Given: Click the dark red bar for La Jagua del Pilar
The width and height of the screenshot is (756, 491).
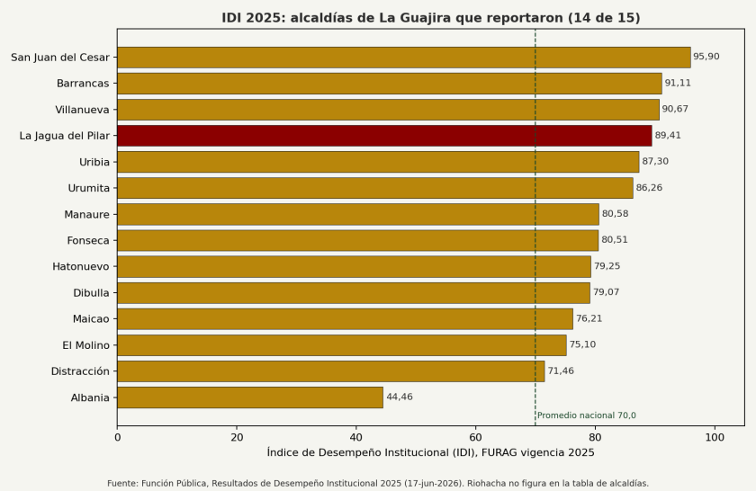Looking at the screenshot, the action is (x=384, y=136).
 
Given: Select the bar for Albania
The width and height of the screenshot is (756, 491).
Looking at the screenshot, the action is (x=250, y=397).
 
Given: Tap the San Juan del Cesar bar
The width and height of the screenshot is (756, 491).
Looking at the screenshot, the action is (x=404, y=58).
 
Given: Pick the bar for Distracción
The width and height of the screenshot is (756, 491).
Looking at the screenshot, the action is (x=331, y=371).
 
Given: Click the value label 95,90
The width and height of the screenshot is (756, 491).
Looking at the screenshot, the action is (x=706, y=57).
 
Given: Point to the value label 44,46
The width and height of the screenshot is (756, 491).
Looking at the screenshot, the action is (x=400, y=397).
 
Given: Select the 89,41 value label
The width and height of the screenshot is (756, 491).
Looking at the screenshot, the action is (x=668, y=135).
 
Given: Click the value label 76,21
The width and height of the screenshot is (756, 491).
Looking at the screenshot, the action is (x=589, y=318).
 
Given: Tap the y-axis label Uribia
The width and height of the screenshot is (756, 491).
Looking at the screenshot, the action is (x=94, y=162).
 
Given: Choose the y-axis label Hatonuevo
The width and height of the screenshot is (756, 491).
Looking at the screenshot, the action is (x=81, y=266).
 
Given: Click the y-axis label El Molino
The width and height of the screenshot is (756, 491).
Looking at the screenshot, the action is (x=85, y=345).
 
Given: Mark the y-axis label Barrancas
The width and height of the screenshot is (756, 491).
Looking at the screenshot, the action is (x=83, y=84).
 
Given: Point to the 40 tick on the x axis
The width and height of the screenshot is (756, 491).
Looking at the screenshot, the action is (x=356, y=437).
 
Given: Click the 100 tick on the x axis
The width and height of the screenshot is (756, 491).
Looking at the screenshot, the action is (x=715, y=437).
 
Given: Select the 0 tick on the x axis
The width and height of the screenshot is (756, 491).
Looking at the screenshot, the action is (x=117, y=437).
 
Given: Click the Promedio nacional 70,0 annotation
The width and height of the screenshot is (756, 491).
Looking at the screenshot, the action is (x=587, y=415).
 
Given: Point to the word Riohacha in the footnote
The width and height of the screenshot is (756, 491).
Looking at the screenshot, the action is (x=483, y=483).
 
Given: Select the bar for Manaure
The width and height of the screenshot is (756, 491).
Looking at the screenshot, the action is (x=358, y=214).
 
